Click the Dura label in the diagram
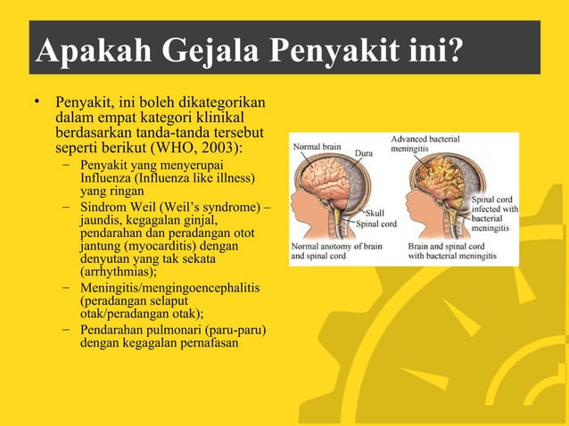pyautogui.click(x=365, y=154)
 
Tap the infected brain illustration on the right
pyautogui.click(x=439, y=192)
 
